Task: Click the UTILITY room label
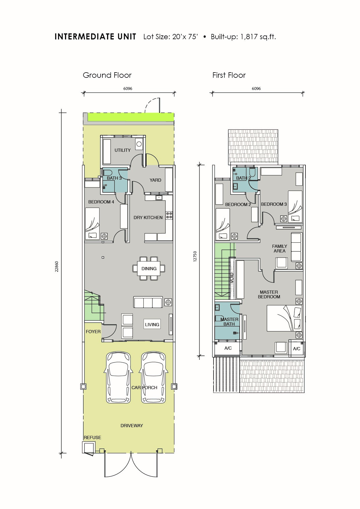pos(122,150)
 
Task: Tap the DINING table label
pos(149,268)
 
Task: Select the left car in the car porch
pos(119,377)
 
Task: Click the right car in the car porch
pos(153,377)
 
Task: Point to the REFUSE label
pos(92,437)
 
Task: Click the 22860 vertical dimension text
pos(57,266)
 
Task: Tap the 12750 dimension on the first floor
pos(195,257)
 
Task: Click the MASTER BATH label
pos(229,322)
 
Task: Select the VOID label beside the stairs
pos(232,278)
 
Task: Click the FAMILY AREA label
pos(279,248)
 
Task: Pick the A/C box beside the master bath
pos(228,348)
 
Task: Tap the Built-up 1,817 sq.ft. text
pos(243,37)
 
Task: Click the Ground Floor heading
pos(107,75)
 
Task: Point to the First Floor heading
pos(229,75)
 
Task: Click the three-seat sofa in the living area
pos(148,302)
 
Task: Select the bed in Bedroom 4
pos(92,223)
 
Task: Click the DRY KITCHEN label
pos(148,217)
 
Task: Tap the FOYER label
pos(93,331)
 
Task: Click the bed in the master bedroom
pos(284,318)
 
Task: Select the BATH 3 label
pos(114,178)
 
